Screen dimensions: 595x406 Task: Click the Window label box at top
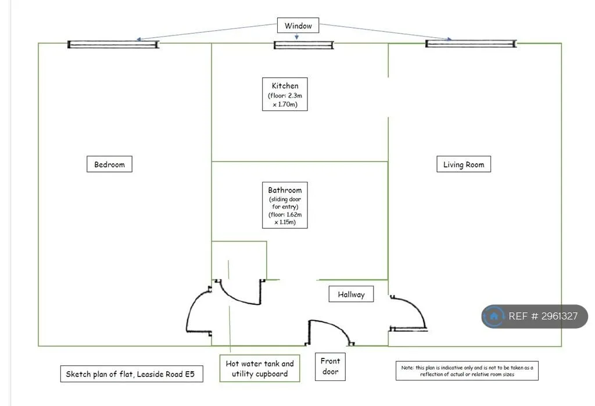pyautogui.click(x=298, y=26)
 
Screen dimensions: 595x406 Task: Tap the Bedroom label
pyautogui.click(x=109, y=164)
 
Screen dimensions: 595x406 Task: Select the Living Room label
pyautogui.click(x=463, y=164)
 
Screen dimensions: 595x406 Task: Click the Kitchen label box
pyautogui.click(x=285, y=94)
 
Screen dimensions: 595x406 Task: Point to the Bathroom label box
pyautogui.click(x=285, y=205)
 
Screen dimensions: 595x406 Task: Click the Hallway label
pyautogui.click(x=351, y=294)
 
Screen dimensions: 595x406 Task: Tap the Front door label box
pyautogui.click(x=330, y=367)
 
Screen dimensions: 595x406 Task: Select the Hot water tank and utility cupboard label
pyautogui.click(x=260, y=368)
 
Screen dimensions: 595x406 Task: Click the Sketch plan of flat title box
pyautogui.click(x=132, y=373)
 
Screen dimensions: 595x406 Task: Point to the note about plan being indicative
pyautogui.click(x=467, y=371)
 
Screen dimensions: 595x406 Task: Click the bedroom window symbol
pyautogui.click(x=113, y=45)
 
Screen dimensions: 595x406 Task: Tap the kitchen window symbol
pyautogui.click(x=303, y=45)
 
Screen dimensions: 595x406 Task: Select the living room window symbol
pyautogui.click(x=471, y=44)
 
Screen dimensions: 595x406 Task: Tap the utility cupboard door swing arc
pyautogui.click(x=235, y=299)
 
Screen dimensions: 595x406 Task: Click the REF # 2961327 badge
pyautogui.click(x=535, y=316)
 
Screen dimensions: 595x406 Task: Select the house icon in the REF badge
pyautogui.click(x=494, y=316)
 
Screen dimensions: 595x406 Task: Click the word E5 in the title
pyautogui.click(x=189, y=373)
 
